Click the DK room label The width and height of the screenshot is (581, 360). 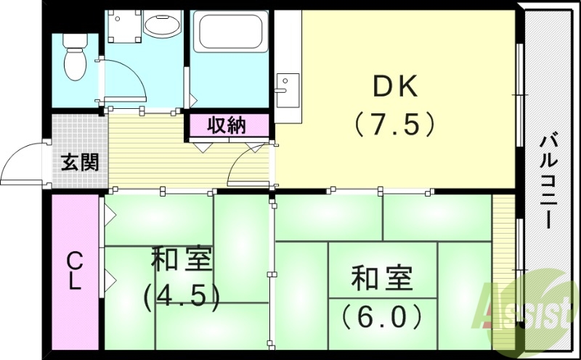(395, 89)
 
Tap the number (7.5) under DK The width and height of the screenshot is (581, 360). (395, 124)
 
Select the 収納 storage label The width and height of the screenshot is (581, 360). (227, 125)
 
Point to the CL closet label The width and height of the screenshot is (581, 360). (74, 270)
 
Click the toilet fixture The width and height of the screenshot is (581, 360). (74, 59)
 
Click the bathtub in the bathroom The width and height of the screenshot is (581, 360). (229, 33)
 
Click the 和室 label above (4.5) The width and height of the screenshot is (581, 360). (182, 259)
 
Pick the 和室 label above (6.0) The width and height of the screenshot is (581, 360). (381, 279)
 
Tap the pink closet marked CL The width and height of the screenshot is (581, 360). (75, 270)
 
